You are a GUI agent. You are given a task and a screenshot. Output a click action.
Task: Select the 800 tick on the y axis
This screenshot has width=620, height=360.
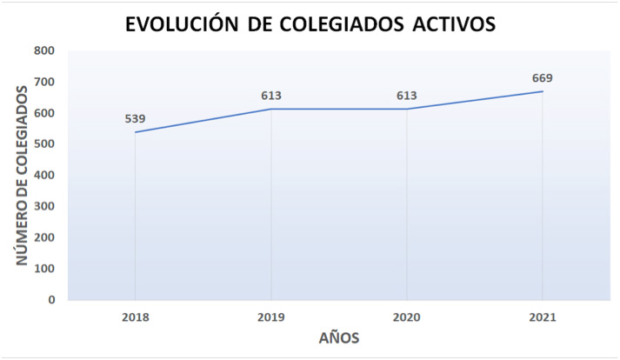pos(44,50)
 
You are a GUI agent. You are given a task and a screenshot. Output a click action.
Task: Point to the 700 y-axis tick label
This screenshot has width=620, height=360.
pos(44,82)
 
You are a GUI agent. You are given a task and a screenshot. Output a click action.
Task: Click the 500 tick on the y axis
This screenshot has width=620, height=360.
pos(44,144)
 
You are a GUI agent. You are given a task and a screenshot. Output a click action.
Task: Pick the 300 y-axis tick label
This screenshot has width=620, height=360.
pos(44,206)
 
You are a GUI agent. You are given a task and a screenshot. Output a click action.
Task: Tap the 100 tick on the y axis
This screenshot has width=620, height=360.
pos(44,269)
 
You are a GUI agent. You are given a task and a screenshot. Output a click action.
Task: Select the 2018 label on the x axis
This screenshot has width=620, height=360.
pos(136,318)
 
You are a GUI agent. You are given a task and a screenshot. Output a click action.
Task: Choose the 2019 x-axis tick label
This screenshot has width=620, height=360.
pos(271,318)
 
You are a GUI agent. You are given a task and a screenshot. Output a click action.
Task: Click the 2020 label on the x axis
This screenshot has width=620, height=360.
pos(407,318)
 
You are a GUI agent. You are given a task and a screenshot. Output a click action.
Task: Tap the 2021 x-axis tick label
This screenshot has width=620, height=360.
pos(543,318)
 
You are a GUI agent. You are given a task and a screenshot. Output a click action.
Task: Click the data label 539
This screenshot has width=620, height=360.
pos(136,118)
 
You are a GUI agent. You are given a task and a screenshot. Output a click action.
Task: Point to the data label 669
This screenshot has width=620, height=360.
pos(543,78)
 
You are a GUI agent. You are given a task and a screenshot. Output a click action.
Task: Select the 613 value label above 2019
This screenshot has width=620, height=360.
pos(271,96)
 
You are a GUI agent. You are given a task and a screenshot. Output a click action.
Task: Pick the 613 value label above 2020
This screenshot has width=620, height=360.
pos(407,96)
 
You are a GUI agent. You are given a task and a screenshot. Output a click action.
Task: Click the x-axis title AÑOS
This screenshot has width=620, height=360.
pos(338,337)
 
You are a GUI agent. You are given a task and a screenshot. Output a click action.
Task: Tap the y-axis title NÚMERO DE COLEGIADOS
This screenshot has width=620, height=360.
pos(22,176)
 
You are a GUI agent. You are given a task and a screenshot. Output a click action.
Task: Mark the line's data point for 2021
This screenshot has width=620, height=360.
pos(543,91)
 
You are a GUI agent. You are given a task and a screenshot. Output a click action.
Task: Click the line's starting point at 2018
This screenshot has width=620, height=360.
pos(136,132)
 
